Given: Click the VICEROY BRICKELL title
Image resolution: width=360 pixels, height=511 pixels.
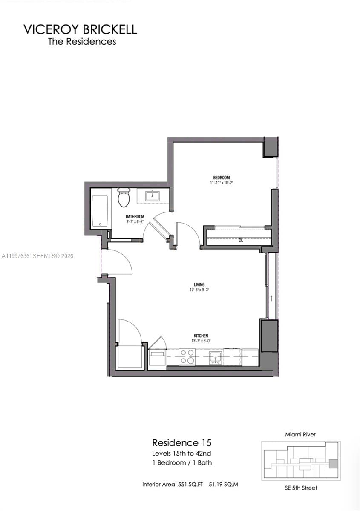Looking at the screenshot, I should pyautogui.click(x=80, y=29).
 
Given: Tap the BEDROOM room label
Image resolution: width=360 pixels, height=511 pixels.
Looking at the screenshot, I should pyautogui.click(x=222, y=178).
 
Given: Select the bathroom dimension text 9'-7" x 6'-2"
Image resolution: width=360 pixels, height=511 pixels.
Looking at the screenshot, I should pyautogui.click(x=135, y=222).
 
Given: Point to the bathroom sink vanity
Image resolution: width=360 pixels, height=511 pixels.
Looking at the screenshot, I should pyautogui.click(x=152, y=196).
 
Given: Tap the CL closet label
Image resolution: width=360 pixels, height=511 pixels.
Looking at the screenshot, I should pyautogui.click(x=241, y=240).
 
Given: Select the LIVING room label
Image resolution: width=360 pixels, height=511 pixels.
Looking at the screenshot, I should pyautogui.click(x=199, y=284).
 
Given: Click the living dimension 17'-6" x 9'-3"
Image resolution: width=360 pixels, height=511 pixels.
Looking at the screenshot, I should pyautogui.click(x=199, y=290).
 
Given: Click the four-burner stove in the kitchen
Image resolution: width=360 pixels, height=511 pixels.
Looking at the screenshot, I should pyautogui.click(x=187, y=356).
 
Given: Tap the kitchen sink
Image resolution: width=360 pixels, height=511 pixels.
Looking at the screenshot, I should pyautogui.click(x=215, y=357).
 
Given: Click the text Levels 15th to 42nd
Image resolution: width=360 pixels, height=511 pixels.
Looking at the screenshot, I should pyautogui.click(x=182, y=453).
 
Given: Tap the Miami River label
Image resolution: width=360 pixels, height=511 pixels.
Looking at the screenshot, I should pyautogui.click(x=301, y=435).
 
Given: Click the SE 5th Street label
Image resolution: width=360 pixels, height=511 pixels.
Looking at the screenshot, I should pyautogui.click(x=301, y=488).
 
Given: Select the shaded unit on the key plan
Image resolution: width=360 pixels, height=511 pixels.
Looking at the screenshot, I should pyautogui.click(x=334, y=463).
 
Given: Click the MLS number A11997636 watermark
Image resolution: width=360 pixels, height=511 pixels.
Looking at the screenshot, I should pyautogui.click(x=16, y=256).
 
